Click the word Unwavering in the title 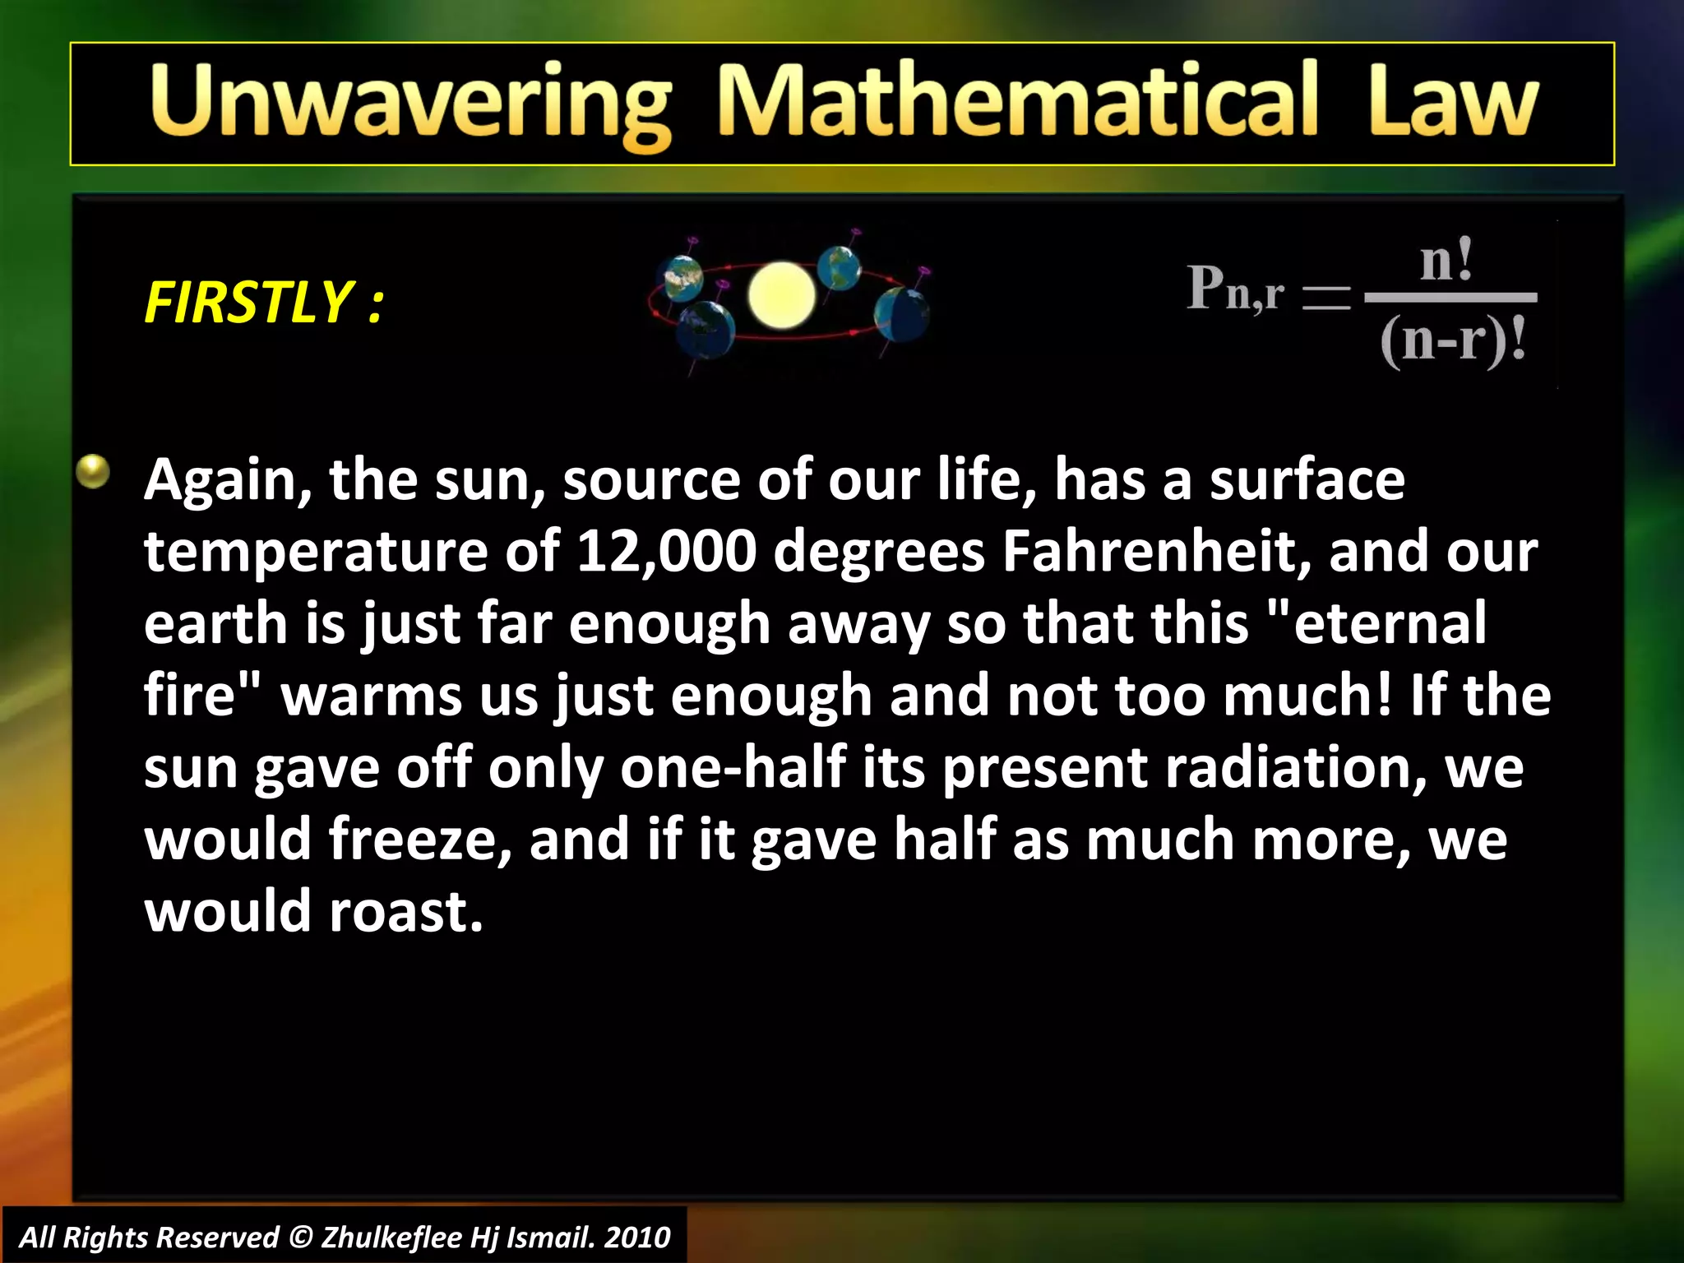tap(411, 104)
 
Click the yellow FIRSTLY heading tap(263, 303)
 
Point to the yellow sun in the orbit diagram tap(781, 294)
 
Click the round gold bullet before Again tap(93, 472)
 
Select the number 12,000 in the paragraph tap(666, 551)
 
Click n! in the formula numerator tap(1447, 261)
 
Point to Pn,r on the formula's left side tap(1235, 289)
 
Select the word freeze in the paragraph tap(420, 840)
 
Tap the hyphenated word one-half tap(733, 767)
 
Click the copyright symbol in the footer tap(302, 1238)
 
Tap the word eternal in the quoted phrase tap(1390, 623)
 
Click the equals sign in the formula tap(1326, 297)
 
